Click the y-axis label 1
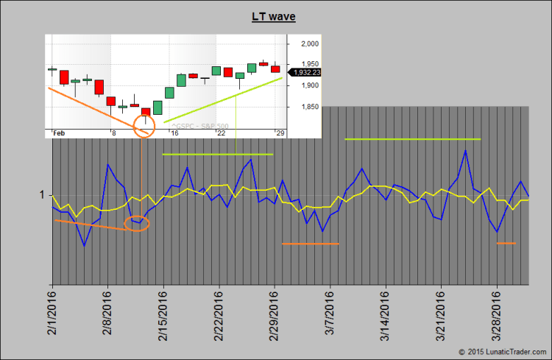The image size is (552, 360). pyautogui.click(x=43, y=194)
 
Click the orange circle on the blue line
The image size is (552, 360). pyautogui.click(x=136, y=224)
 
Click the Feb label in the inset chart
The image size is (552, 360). pyautogui.click(x=60, y=133)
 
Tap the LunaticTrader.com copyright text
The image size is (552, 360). pyautogui.click(x=501, y=352)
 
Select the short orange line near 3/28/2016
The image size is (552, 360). pyautogui.click(x=506, y=243)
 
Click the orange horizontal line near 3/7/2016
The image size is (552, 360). pyautogui.click(x=311, y=244)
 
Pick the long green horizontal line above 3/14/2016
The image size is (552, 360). pyautogui.click(x=412, y=139)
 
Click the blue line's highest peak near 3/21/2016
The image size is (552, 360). pyautogui.click(x=465, y=151)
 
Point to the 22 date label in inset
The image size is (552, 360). pyautogui.click(x=221, y=133)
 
